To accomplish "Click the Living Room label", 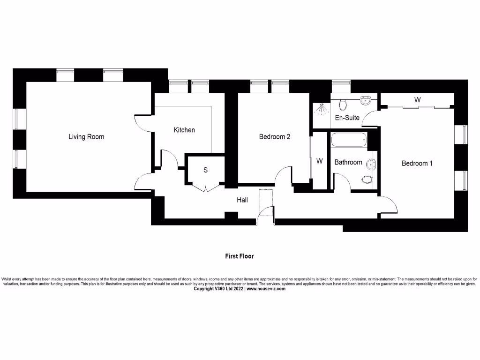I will [x=86, y=137].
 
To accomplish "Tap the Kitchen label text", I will [x=184, y=130].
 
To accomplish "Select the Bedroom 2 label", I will [x=275, y=137].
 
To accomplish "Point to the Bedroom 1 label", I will [x=417, y=163].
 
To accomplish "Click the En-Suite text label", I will [x=347, y=118].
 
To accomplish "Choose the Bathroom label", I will [x=348, y=162].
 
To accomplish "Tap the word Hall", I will [x=242, y=200].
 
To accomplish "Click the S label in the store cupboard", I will [x=205, y=170].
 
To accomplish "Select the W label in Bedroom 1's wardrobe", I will [x=417, y=100].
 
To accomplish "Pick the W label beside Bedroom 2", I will [x=319, y=161].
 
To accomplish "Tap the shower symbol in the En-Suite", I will [x=321, y=109].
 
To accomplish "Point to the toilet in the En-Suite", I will [x=342, y=103].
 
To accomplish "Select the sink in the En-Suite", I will [x=366, y=101].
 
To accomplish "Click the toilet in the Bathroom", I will [x=367, y=179].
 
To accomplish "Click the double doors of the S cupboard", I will [x=206, y=188].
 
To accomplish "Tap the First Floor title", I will [x=240, y=256].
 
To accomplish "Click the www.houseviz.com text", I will [x=266, y=289].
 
